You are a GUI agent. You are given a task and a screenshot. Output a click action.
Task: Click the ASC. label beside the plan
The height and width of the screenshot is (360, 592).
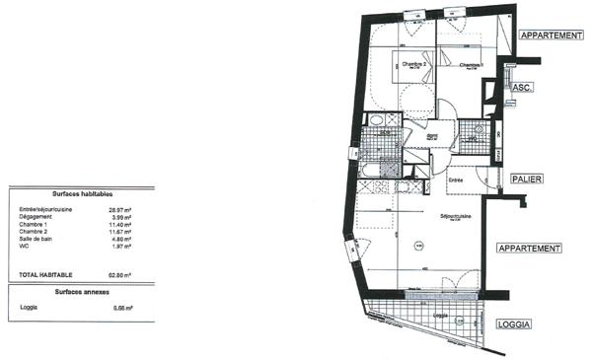click(523, 88)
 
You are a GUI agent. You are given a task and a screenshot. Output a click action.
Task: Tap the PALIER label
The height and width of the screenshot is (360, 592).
click(529, 179)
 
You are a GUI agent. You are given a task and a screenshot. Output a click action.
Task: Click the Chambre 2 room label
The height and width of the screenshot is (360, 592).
click(414, 65)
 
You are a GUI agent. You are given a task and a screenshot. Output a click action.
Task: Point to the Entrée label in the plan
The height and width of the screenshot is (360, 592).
click(456, 180)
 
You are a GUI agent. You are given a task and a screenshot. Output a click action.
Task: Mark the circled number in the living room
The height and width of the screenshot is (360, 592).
click(417, 245)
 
